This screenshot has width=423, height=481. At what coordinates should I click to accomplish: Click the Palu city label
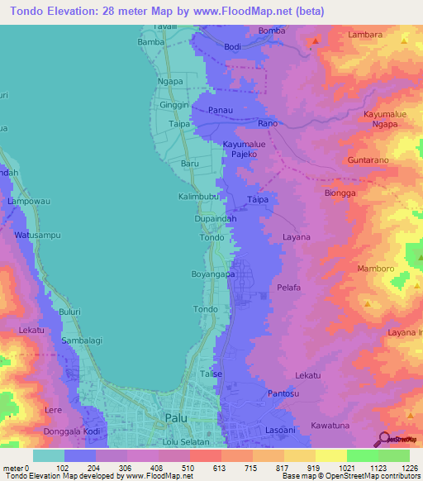[x=176, y=417]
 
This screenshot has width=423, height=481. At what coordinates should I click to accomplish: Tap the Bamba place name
[x=151, y=41]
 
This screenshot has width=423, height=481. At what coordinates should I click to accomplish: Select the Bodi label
[x=233, y=47]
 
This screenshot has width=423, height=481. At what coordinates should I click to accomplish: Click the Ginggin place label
[x=174, y=107]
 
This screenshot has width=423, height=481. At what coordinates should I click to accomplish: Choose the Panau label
[x=220, y=110]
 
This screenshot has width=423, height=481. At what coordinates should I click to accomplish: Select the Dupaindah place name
[x=213, y=219]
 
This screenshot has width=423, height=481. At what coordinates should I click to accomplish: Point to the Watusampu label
[x=38, y=236]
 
